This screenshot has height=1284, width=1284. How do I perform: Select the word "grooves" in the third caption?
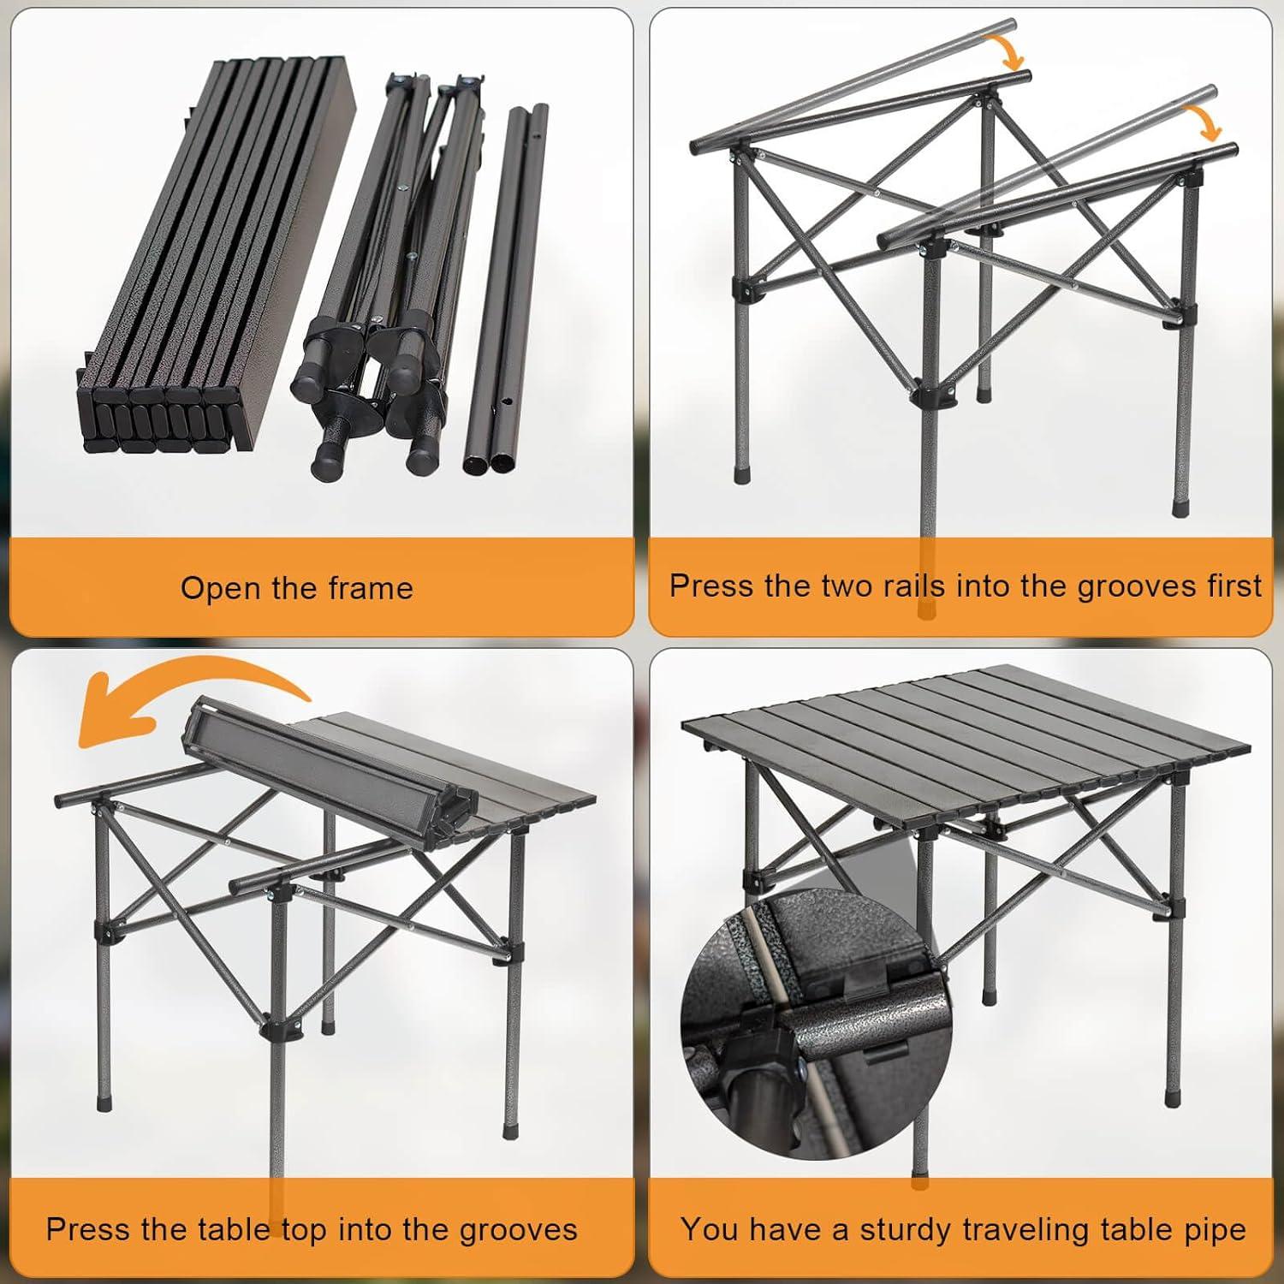point(518,1229)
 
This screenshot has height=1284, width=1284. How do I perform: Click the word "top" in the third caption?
point(304,1230)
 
